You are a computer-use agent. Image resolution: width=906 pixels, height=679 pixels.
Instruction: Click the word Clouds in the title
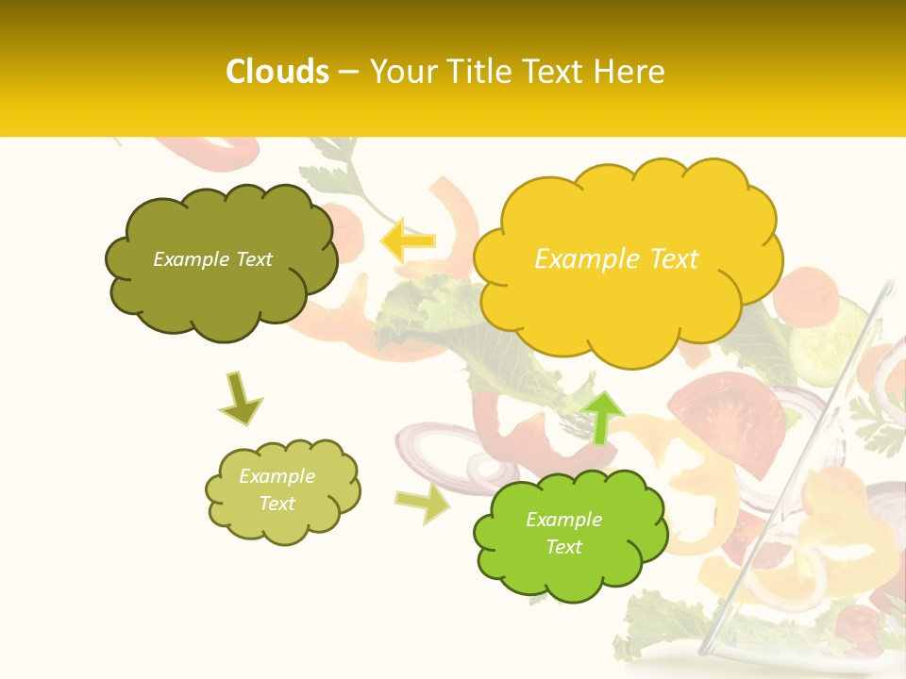[x=277, y=72]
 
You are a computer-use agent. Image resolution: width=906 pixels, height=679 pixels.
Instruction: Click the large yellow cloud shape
[x=627, y=302]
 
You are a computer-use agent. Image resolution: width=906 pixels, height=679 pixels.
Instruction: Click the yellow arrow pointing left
[x=408, y=240]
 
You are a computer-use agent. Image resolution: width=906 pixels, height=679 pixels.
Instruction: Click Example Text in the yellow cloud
[x=616, y=259]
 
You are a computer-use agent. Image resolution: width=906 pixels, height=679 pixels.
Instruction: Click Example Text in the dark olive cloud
[x=212, y=259]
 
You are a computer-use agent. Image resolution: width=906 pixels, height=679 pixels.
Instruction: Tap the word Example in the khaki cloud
[x=277, y=476]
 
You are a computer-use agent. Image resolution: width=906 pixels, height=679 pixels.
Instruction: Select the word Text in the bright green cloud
[x=563, y=547]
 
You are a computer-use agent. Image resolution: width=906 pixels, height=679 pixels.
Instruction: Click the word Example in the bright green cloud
[x=563, y=520]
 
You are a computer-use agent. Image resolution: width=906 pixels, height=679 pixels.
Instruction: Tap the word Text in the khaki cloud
[x=277, y=504]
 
